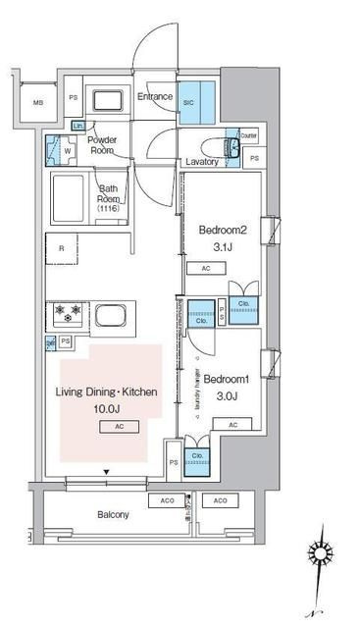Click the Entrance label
[x=154, y=97]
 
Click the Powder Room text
[x=103, y=144]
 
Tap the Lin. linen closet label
[x=78, y=127]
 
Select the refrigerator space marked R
[x=62, y=248]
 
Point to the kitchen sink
[x=112, y=318]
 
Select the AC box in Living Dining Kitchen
[x=118, y=428]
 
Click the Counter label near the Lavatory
[x=248, y=135]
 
